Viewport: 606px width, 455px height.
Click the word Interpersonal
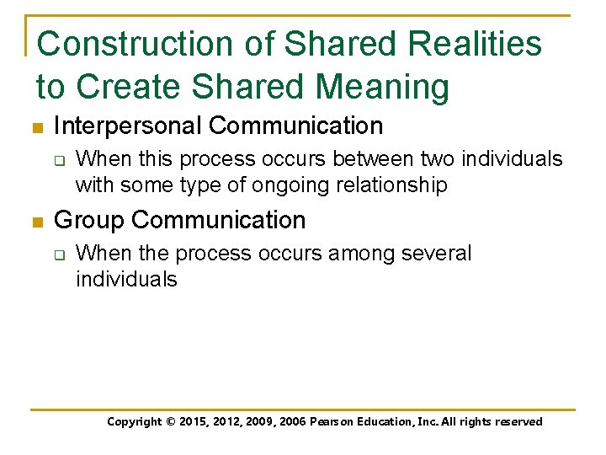tap(127, 126)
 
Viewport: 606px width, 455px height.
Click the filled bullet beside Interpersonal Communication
tap(36, 128)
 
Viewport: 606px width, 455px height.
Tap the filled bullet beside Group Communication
tap(36, 222)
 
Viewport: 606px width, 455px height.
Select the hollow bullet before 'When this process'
tap(60, 158)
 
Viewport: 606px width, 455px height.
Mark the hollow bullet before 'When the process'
tap(60, 253)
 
